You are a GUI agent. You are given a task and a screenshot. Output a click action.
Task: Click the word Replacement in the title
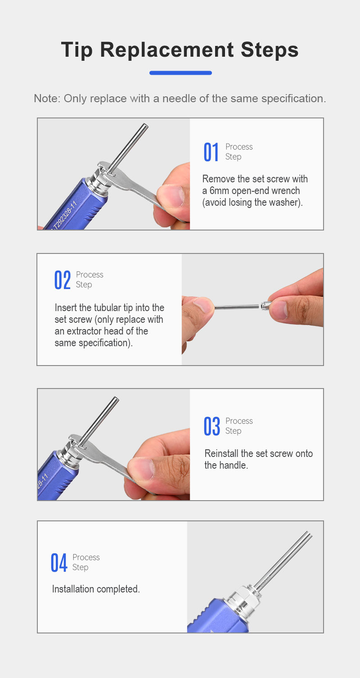(166, 50)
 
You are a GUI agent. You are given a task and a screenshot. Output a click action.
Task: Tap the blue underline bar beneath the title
(180, 72)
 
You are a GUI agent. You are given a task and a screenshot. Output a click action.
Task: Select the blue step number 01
(211, 152)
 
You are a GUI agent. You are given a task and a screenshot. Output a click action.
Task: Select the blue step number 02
(62, 280)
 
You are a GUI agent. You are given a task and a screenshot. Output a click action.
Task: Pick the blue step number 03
(212, 426)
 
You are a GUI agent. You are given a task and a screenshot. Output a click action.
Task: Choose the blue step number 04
(59, 563)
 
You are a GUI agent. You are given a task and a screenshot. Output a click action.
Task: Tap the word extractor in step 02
(84, 331)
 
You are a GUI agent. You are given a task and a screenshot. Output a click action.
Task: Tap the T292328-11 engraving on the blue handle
(64, 215)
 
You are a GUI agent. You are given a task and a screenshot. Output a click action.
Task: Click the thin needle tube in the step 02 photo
(237, 307)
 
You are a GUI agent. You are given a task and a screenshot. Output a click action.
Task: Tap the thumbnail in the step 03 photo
(141, 469)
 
